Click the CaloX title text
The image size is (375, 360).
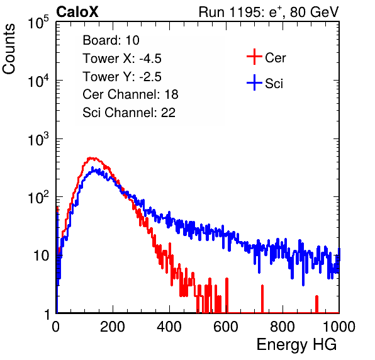pos(77,12)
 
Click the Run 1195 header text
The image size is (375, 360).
pos(269,12)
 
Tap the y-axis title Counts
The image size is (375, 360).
pos(9,49)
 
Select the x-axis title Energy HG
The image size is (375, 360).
pos(296,344)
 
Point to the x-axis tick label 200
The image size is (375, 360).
pos(113,327)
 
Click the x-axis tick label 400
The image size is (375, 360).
pos(169,327)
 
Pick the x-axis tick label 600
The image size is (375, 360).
pos(226,327)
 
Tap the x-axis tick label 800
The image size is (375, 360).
pos(283,327)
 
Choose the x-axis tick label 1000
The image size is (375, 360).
pos(339,327)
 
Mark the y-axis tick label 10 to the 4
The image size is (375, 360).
pos(38,81)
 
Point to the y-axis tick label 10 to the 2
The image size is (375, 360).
pos(38,197)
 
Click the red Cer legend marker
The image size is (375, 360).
pos(254,57)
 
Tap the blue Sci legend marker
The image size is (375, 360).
pos(254,83)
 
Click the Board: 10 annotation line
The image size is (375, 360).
pos(111,40)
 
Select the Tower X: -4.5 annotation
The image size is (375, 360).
pos(122,59)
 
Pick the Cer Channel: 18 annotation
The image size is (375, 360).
pos(130,94)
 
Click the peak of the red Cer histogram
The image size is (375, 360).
pos(91,158)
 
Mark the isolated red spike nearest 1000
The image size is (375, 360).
pos(316,304)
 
